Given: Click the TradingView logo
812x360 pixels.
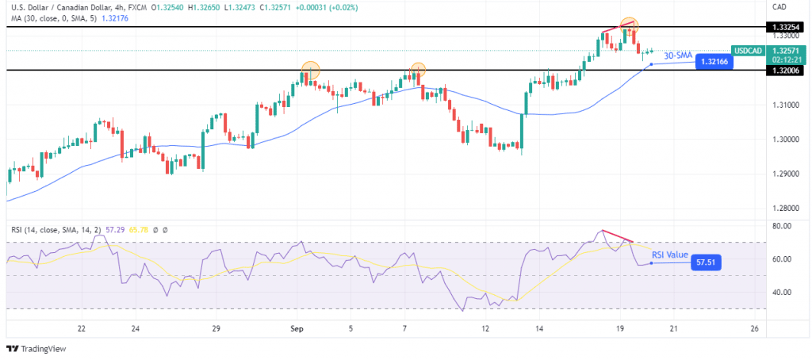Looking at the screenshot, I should (37, 347).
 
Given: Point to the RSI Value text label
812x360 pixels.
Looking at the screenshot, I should (670, 255).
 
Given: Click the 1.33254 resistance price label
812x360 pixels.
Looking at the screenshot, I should (785, 26).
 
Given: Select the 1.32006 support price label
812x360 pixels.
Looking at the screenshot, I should (785, 71).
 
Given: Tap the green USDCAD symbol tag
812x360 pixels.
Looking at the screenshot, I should (748, 49).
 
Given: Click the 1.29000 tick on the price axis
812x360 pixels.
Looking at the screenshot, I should (785, 174).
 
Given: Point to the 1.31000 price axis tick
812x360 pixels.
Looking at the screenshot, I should (785, 105).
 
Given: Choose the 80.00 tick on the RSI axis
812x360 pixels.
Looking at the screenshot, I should (783, 226).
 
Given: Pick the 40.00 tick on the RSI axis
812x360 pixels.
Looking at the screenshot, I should (783, 292).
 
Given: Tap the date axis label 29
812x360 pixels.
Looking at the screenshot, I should (216, 327).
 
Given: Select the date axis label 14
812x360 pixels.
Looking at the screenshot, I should (538, 327).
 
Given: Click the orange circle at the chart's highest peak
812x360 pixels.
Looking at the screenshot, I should (628, 25).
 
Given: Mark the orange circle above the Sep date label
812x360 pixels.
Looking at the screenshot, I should (310, 70).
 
